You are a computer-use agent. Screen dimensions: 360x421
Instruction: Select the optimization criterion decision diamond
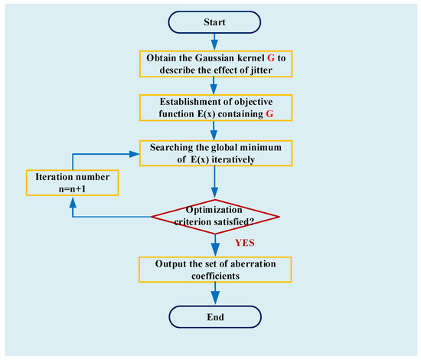click(215, 216)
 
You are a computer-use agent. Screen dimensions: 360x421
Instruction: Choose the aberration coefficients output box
click(215, 269)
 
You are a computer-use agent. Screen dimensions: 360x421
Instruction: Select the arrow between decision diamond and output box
click(215, 247)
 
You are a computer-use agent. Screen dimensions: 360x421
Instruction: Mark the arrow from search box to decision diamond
click(215, 184)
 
